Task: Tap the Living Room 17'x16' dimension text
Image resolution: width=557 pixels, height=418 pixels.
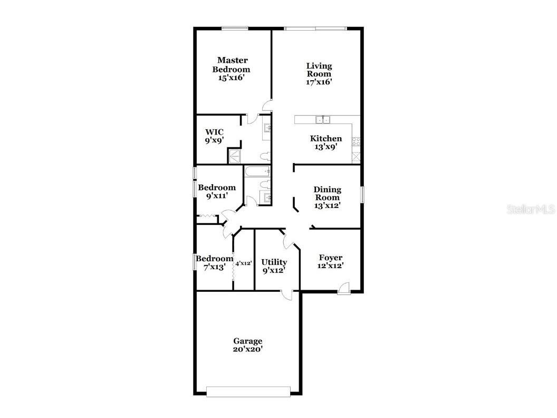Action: coord(319,82)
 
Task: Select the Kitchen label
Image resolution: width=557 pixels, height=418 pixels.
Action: coord(326,139)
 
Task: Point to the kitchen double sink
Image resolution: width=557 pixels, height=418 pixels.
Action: coord(323,120)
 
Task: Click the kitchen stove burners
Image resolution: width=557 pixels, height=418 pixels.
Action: coord(356,141)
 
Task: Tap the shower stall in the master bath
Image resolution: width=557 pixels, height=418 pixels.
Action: coord(234,156)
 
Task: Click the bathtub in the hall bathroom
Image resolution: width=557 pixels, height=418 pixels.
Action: coord(257,172)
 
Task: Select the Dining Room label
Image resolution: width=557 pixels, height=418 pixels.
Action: coord(327,193)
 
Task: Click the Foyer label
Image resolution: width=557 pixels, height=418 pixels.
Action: coord(330,258)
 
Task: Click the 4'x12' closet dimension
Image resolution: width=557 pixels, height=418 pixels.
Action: coord(243,264)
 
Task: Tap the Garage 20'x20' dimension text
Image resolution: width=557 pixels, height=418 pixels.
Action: coord(247,349)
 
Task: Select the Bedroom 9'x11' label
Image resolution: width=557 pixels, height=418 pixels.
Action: coord(217,192)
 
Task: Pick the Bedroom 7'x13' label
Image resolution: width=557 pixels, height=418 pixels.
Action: coord(215,263)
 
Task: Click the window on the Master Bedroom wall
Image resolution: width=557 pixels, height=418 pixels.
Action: coord(235,28)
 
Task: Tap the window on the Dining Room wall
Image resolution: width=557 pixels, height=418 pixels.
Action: coord(362,194)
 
